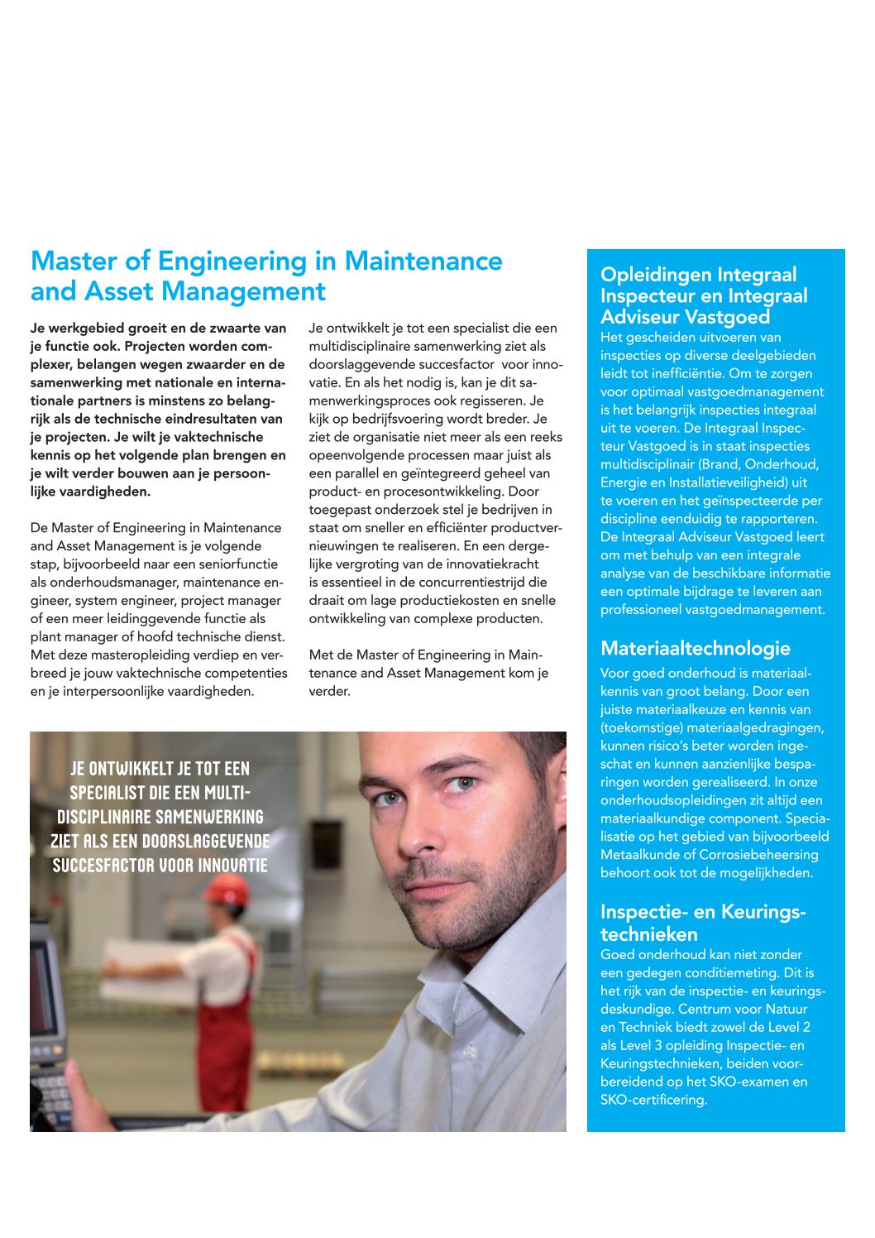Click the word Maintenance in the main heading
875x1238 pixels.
(x=423, y=262)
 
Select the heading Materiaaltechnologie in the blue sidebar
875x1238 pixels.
(x=695, y=649)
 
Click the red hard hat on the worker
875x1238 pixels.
(x=225, y=890)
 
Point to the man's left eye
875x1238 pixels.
(x=466, y=782)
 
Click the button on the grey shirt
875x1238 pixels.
(x=471, y=1053)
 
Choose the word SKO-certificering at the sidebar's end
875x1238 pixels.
(x=653, y=1100)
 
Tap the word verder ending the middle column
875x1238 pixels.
(x=328, y=692)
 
